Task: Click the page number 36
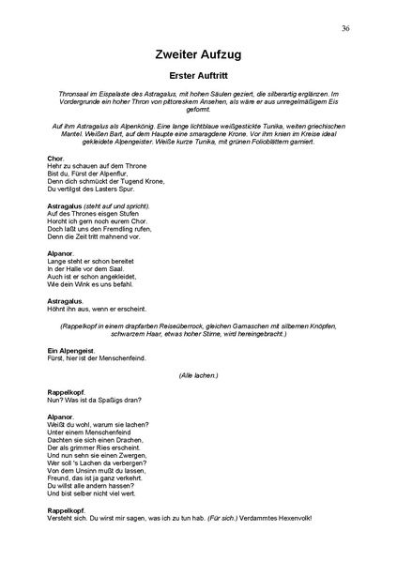point(346,29)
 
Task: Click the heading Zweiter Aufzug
point(198,54)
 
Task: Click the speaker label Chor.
point(54,158)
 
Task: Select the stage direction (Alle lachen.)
point(198,374)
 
